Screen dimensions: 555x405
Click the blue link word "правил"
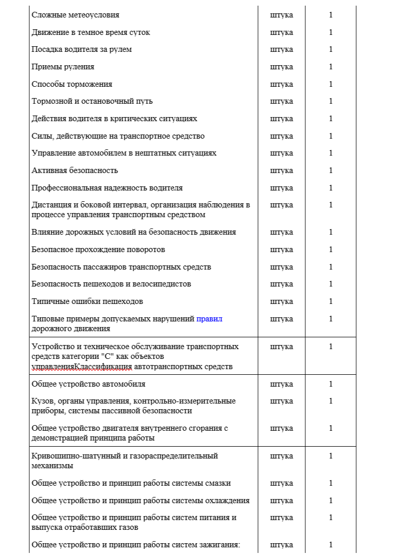click(x=209, y=319)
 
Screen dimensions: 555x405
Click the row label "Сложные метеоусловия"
click(x=76, y=15)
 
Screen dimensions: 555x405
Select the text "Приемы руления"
click(x=63, y=67)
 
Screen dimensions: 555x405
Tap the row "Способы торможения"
click(x=72, y=84)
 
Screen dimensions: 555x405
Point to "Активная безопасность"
click(x=75, y=170)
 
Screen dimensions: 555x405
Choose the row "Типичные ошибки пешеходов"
click(x=87, y=301)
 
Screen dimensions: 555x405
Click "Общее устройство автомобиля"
click(x=88, y=384)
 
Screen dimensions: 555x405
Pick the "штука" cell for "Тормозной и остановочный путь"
click(x=282, y=101)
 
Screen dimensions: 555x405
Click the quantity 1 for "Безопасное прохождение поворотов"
click(x=331, y=250)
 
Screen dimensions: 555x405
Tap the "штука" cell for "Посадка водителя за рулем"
click(x=282, y=49)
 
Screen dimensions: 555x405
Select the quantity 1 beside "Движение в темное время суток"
click(x=331, y=32)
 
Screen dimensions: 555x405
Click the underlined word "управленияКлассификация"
click(x=82, y=367)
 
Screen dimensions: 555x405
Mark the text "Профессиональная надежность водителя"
click(x=107, y=188)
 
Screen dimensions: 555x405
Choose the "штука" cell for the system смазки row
click(x=282, y=483)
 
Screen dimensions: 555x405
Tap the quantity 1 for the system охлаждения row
click(x=331, y=501)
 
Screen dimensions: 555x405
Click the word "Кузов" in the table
click(x=42, y=401)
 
